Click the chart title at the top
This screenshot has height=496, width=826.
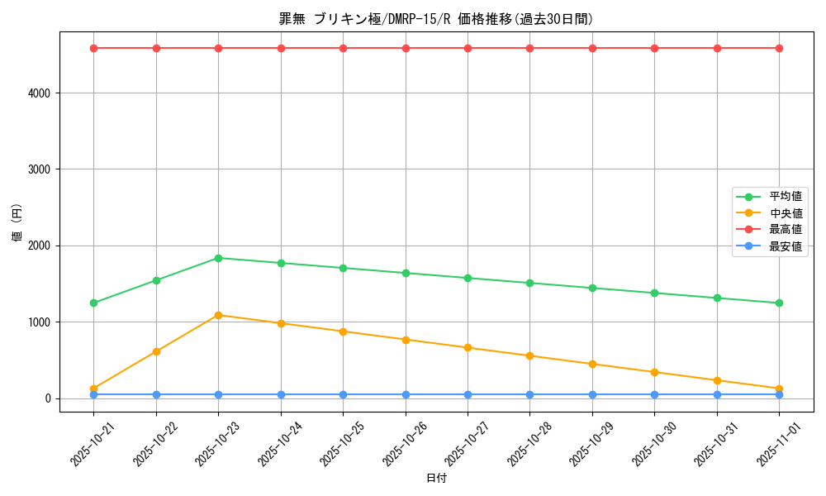click(436, 19)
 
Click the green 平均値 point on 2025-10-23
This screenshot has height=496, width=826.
click(218, 258)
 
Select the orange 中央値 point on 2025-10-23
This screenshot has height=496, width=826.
click(218, 315)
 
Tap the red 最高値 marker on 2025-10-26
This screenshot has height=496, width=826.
click(406, 48)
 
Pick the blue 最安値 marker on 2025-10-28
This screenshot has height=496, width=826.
click(530, 394)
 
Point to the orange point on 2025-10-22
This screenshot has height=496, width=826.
click(156, 351)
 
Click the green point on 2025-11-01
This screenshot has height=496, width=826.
click(779, 303)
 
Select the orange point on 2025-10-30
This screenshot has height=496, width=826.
click(654, 372)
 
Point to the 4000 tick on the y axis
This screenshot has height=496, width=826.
click(41, 93)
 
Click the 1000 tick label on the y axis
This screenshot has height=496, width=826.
click(41, 322)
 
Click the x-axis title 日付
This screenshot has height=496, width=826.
click(436, 479)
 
